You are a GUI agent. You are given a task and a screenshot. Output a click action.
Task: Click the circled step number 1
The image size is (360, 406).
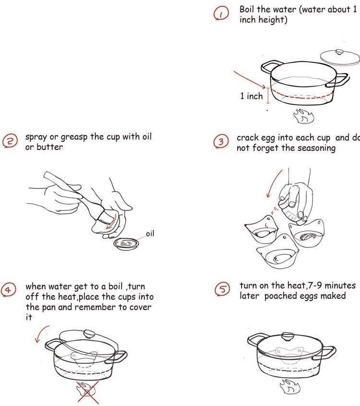pos(220,15)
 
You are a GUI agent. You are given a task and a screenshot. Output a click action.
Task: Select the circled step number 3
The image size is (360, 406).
pos(221,142)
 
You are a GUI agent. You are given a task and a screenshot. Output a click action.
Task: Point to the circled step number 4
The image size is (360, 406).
pos(9,290)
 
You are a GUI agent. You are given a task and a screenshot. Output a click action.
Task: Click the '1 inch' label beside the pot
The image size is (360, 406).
pos(252,96)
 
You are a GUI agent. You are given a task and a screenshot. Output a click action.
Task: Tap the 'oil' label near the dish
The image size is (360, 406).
pos(150,234)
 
